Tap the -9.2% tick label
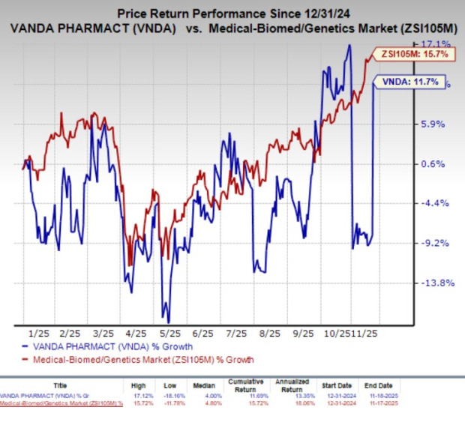coord(435,243)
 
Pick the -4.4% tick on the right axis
coord(435,203)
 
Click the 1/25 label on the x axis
coord(37,332)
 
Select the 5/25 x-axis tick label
coord(171,332)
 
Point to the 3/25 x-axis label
coord(103,332)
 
